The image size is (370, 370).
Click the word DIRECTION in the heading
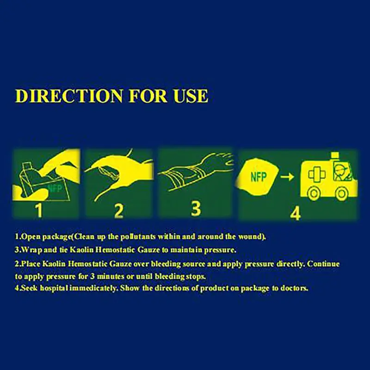(69, 96)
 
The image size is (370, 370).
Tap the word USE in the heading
(191, 96)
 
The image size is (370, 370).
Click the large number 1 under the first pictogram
(39, 210)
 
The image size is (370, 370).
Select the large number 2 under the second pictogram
(119, 211)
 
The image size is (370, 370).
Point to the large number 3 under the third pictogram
(196, 209)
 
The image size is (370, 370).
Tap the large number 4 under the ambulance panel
(295, 213)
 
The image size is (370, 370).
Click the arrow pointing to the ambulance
(287, 176)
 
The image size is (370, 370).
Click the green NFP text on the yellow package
(259, 177)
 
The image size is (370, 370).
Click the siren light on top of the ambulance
(335, 155)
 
